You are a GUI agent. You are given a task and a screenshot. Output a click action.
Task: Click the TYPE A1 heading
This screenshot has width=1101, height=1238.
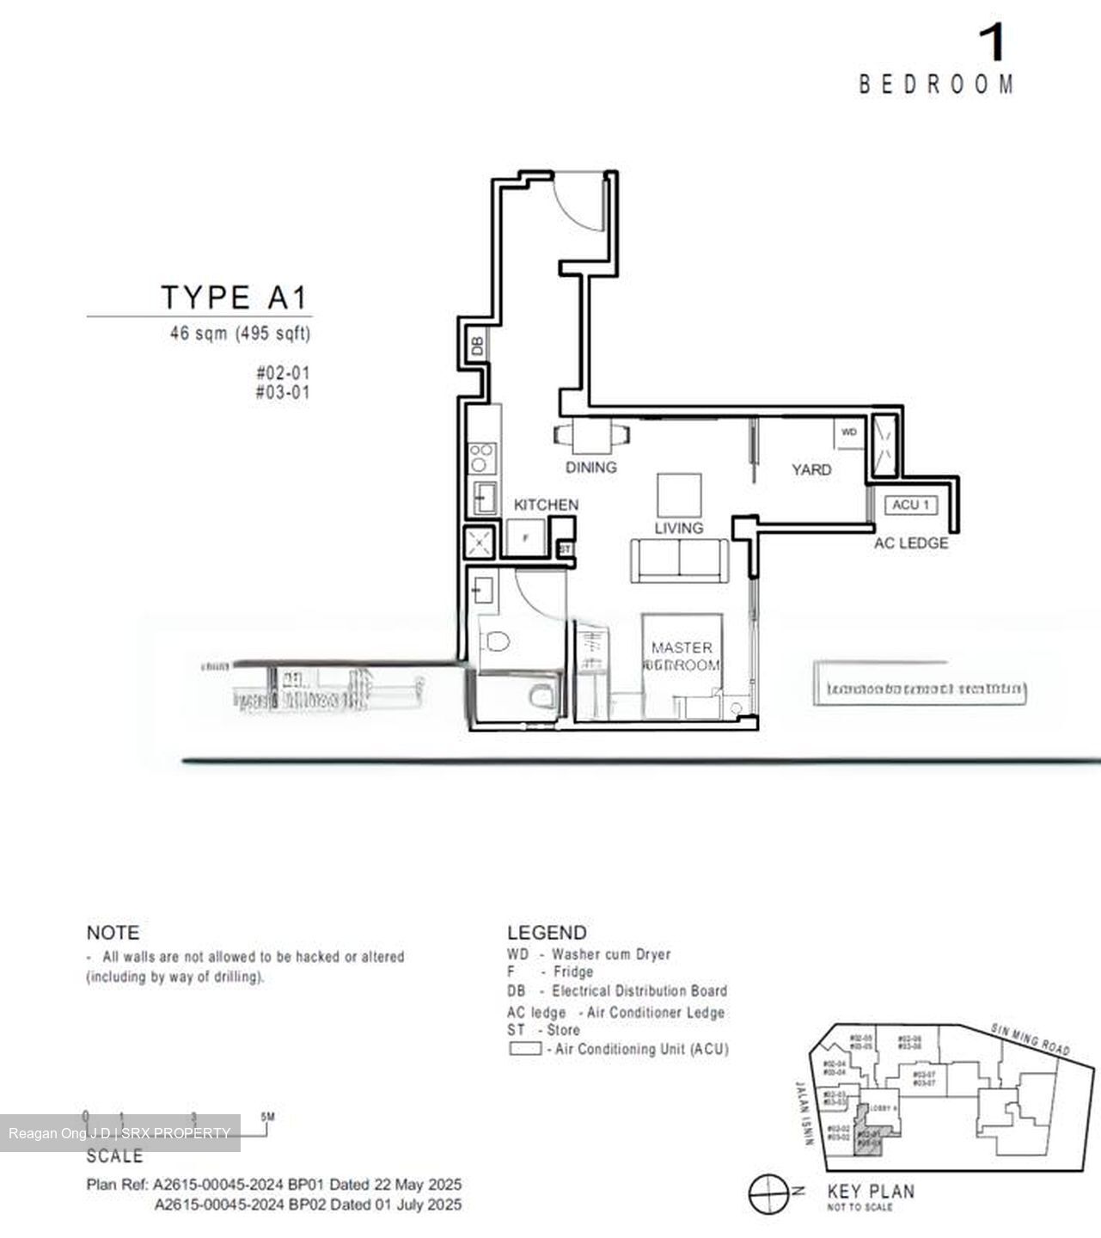coord(234,297)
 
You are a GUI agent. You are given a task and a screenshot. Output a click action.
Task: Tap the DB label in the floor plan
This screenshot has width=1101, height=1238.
coord(477,346)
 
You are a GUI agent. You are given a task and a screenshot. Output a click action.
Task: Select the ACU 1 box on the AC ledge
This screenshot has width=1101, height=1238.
coord(910,505)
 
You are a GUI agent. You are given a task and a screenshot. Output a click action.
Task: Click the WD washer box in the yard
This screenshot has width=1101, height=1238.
coord(849,432)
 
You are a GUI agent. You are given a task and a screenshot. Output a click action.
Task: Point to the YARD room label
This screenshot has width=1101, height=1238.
coord(810,469)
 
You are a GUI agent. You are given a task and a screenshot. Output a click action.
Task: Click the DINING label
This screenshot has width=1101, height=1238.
coord(590,468)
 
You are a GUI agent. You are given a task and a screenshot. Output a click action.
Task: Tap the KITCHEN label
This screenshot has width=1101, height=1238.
coord(546,505)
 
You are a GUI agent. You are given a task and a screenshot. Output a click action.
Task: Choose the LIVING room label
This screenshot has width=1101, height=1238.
coord(678,528)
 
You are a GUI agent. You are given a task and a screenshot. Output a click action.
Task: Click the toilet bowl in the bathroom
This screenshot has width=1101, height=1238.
coord(496,641)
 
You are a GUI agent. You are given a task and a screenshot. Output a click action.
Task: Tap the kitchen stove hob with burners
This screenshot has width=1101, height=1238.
coord(482,457)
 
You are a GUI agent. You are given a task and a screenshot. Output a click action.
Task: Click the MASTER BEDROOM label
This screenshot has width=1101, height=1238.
coord(682,656)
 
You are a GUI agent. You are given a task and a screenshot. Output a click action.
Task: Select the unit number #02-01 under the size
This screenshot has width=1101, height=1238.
coord(282,373)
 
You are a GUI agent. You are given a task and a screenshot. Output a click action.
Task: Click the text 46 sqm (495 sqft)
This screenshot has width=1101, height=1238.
coord(240,333)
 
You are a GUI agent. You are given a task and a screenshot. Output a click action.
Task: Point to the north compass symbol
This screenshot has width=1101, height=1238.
coord(768,1193)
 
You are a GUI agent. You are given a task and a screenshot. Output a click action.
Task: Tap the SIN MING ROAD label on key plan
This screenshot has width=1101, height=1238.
coord(1030,1040)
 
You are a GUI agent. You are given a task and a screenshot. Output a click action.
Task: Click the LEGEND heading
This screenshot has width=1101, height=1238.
coord(547,933)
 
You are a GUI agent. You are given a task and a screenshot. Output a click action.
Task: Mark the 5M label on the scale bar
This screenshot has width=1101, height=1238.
coord(268,1117)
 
